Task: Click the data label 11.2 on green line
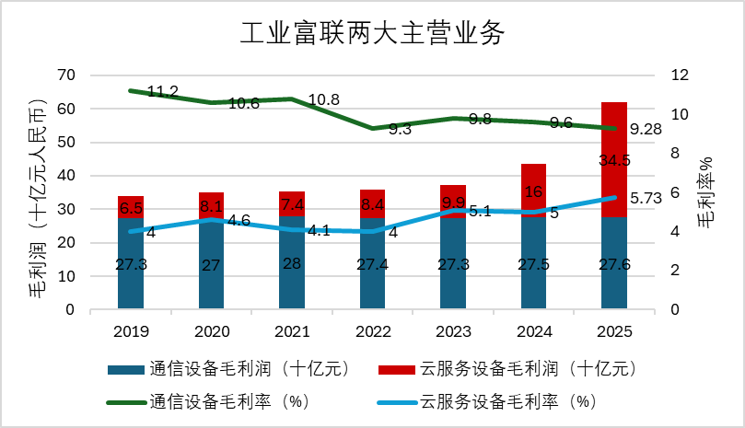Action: click(162, 91)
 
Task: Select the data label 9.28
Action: click(646, 130)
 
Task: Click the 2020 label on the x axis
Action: click(210, 330)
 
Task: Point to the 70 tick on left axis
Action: click(66, 75)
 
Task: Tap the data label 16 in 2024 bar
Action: click(533, 191)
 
